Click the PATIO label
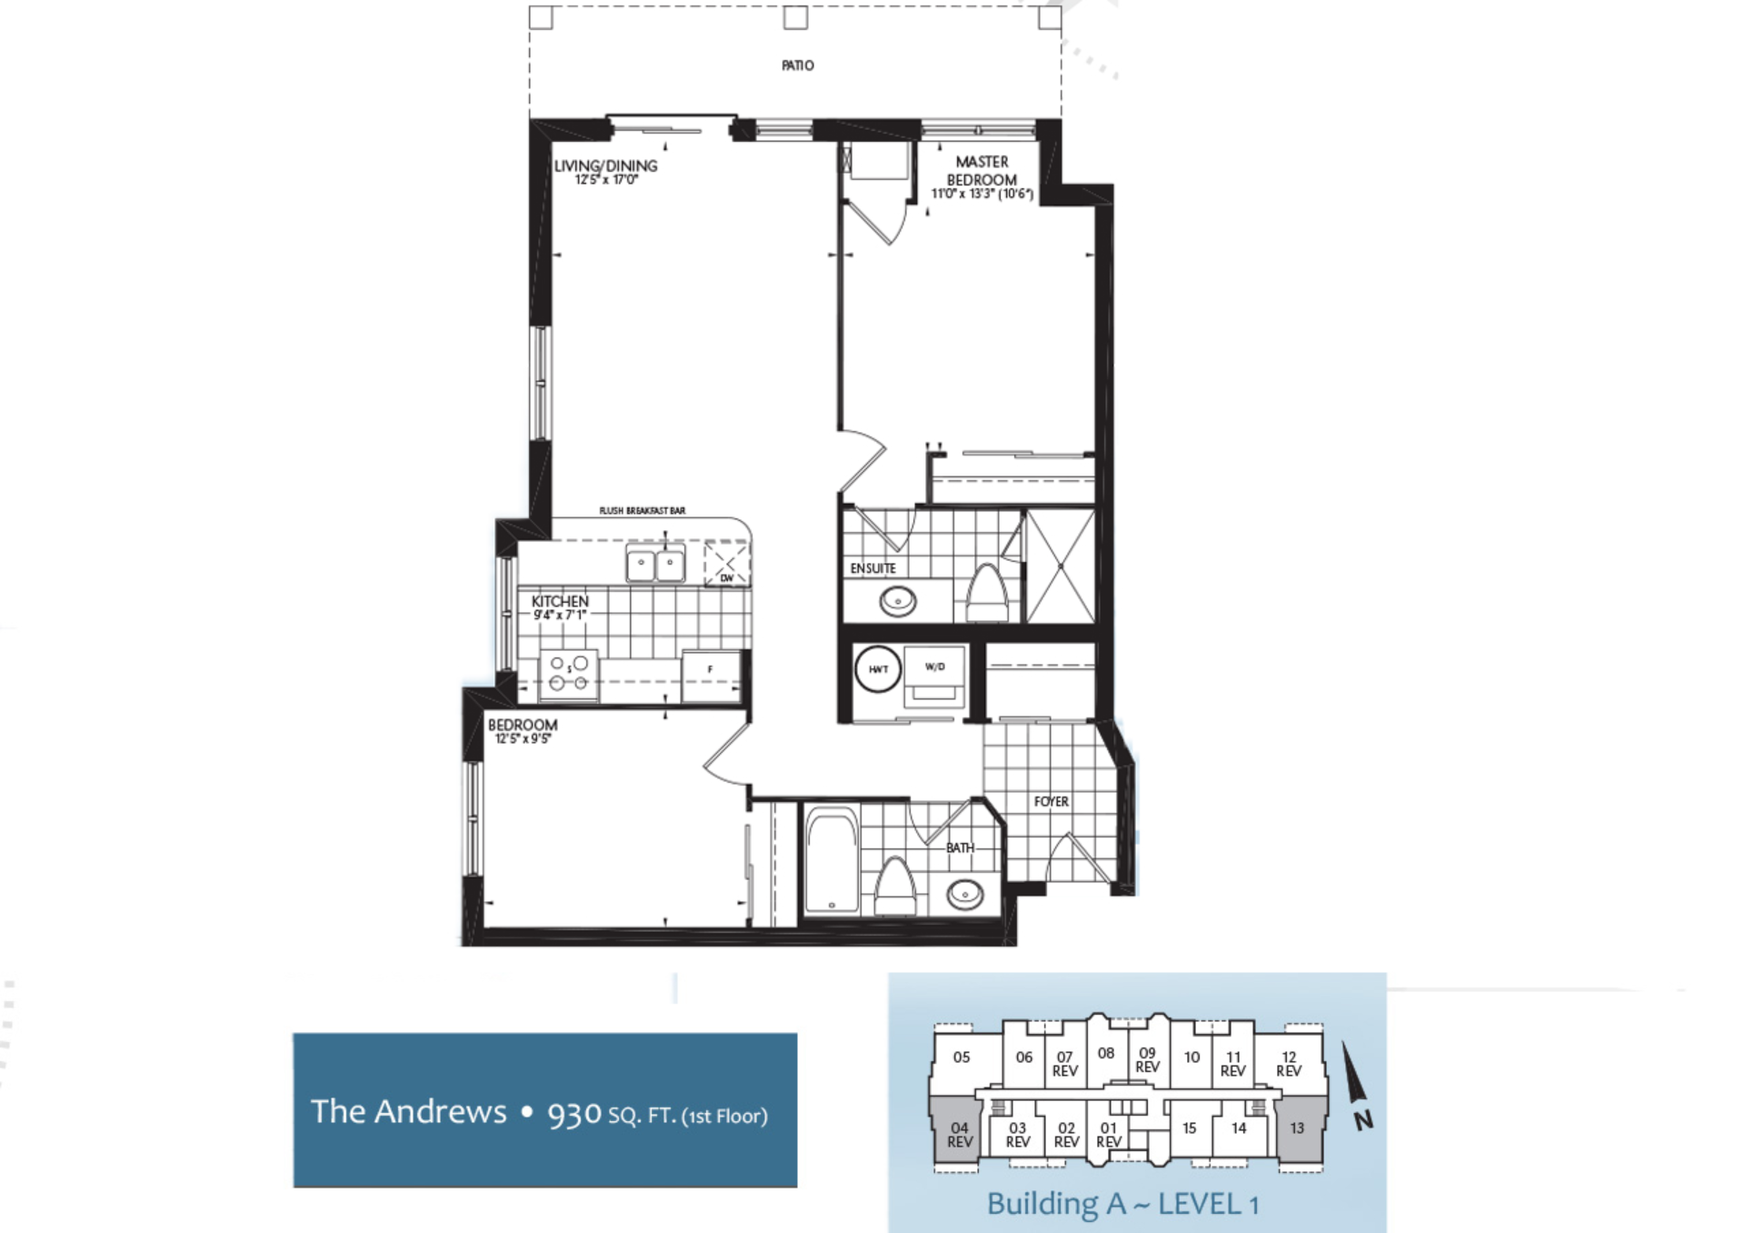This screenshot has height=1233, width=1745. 797,65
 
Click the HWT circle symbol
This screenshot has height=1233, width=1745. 878,669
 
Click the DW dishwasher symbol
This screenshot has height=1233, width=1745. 727,565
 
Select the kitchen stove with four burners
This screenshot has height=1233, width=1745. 569,675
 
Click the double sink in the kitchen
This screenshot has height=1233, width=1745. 655,564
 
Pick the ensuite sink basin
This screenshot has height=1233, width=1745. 898,601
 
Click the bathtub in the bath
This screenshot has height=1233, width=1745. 832,860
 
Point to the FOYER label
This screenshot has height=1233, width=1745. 1051,801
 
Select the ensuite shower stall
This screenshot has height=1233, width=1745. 1060,566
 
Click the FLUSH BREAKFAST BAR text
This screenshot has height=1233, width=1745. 642,511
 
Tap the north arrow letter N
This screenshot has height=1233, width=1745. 1363,1120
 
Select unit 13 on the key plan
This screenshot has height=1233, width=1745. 1297,1128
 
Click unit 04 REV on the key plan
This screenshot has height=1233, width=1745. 960,1134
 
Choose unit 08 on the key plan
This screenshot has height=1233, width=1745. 1105,1053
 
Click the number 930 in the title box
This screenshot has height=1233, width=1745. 574,1114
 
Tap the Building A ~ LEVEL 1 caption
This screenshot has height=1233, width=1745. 1122,1204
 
